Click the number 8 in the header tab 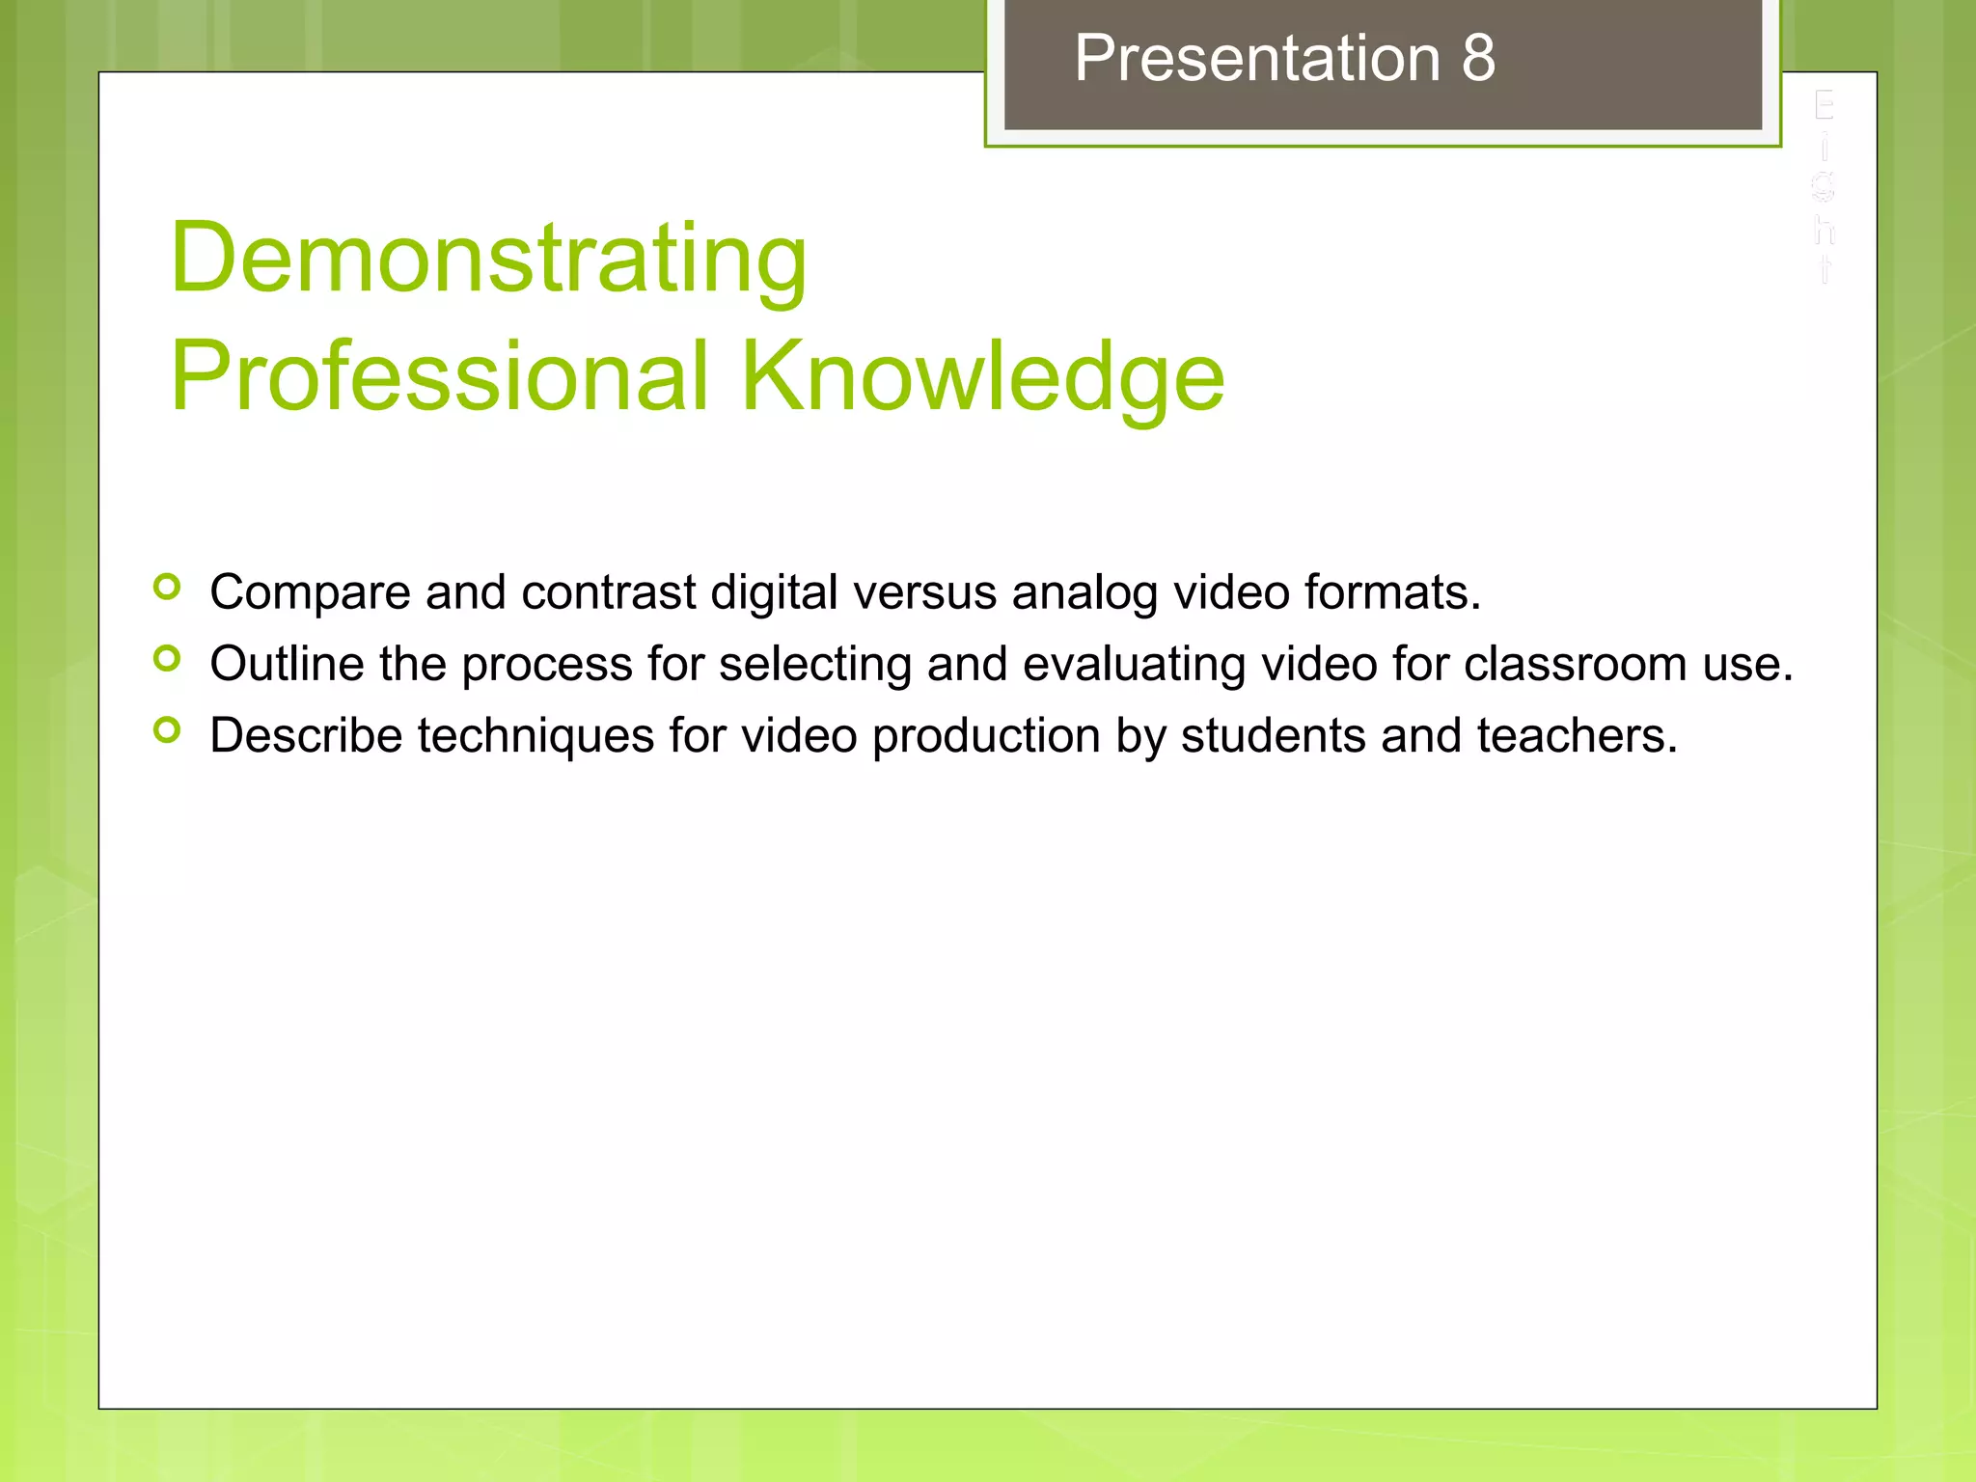1478,58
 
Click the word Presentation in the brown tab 1257,58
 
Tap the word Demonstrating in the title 488,259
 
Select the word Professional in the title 440,376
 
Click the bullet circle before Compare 167,587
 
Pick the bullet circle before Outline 167,659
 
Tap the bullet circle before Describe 167,730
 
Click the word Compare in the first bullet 310,592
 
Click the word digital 774,592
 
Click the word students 1273,736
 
